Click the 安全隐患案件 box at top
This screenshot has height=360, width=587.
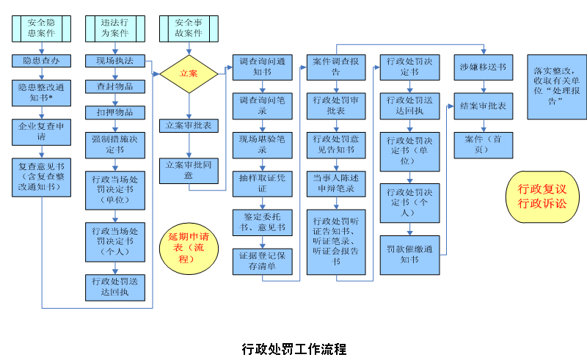41,28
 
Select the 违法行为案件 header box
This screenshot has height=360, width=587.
115,28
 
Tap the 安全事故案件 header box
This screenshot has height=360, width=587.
189,28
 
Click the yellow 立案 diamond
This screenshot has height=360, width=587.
189,73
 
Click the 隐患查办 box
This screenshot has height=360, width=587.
42,61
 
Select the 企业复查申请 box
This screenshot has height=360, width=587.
42,132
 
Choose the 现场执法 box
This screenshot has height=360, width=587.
115,61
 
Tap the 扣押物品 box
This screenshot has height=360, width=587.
115,112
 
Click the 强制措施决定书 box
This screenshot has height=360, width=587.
115,144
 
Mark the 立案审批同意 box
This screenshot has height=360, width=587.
189,169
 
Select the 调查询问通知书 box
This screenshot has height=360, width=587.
263,67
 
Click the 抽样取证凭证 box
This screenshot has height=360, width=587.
263,183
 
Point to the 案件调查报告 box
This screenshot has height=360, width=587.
336,67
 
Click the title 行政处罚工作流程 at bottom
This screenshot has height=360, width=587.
293,348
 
